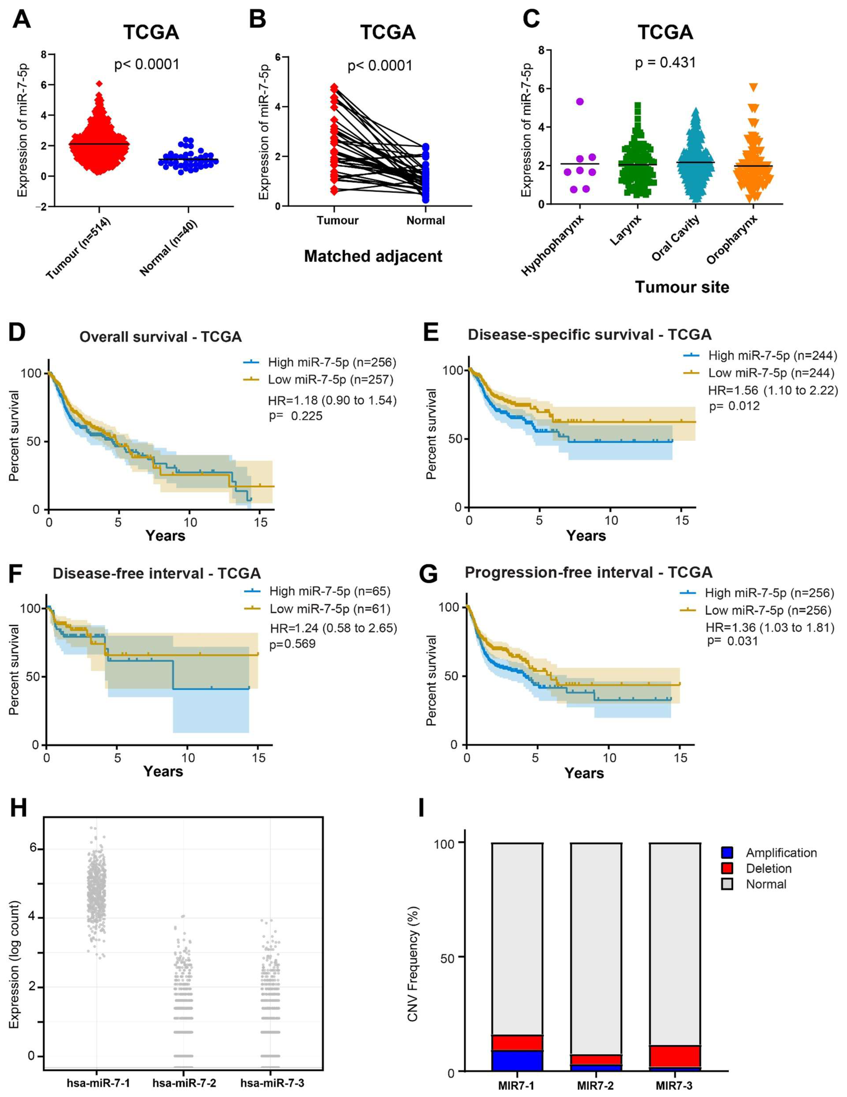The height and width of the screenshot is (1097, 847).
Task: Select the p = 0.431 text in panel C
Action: [665, 63]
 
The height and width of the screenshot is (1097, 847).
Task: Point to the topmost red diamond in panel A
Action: [99, 83]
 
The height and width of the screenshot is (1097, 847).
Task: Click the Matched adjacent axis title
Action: [373, 256]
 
